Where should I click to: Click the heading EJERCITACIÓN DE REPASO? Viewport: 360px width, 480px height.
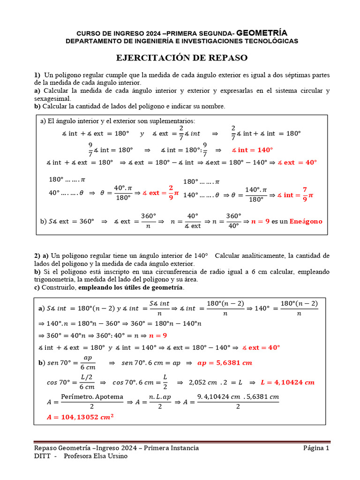click(181, 58)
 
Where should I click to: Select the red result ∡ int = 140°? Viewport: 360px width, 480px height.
click(252, 150)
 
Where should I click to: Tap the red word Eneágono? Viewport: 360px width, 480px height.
click(306, 221)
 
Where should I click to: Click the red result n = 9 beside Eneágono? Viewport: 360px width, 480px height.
click(260, 221)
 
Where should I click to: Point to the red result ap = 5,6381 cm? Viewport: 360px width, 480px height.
click(225, 363)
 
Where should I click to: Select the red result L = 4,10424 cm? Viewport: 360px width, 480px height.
click(288, 382)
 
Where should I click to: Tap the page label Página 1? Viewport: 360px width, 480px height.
click(316, 448)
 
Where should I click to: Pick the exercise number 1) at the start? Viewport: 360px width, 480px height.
click(37, 75)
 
